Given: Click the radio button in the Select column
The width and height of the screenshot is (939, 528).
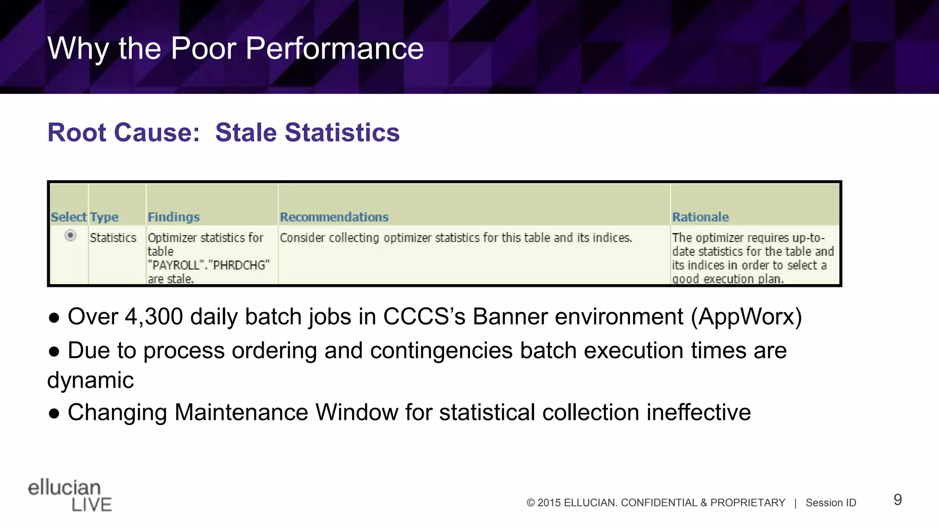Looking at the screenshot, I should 70,236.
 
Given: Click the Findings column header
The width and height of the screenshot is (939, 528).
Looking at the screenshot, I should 173,217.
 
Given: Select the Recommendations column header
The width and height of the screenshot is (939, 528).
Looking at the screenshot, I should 334,217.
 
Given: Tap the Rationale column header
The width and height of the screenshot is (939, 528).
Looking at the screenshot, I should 700,217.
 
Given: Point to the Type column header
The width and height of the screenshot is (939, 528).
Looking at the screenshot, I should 104,217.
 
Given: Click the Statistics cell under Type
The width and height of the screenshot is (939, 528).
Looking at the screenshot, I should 113,238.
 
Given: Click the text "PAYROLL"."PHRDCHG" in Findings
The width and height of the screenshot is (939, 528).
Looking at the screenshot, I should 208,265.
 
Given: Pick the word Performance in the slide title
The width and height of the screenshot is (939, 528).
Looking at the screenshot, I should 334,48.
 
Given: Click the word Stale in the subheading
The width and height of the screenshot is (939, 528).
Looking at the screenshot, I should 246,132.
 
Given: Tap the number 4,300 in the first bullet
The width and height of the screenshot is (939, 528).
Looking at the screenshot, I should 154,317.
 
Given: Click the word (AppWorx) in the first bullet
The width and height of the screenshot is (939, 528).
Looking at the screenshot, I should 746,317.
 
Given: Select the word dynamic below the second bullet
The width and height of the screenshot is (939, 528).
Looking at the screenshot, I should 90,380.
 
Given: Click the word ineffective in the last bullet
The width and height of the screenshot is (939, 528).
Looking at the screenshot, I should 698,412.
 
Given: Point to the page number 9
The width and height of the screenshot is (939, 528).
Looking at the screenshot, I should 897,500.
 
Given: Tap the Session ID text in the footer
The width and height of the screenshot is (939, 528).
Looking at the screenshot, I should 830,503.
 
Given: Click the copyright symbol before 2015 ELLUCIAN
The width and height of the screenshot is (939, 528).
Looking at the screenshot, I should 530,503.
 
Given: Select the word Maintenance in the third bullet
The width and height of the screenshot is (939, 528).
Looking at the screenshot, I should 241,412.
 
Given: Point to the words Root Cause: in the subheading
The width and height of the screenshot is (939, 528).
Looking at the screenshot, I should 123,132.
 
